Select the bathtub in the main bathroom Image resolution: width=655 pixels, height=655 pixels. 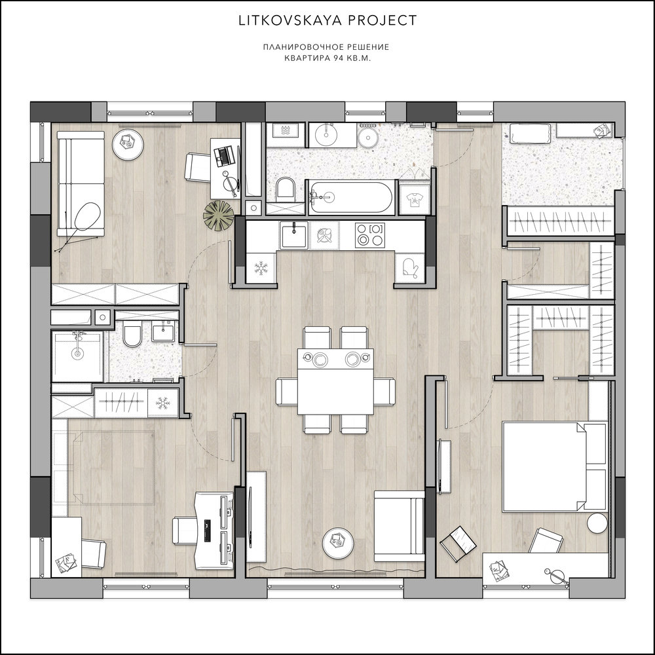(x=351, y=197)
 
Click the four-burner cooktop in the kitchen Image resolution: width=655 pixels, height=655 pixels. (x=369, y=234)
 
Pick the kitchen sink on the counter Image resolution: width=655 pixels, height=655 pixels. (x=294, y=234)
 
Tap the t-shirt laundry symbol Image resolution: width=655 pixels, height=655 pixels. (x=413, y=200)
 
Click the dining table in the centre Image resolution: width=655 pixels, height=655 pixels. (x=335, y=381)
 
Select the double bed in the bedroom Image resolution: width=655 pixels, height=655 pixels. (x=554, y=466)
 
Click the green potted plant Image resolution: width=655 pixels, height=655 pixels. (x=218, y=215)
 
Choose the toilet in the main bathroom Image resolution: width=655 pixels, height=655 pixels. (x=286, y=187)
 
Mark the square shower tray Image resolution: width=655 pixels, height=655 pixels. (x=77, y=356)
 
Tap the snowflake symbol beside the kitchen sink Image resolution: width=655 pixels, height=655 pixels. (x=261, y=268)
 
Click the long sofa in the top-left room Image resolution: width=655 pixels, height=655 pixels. (x=81, y=183)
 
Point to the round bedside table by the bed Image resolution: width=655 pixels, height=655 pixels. (x=597, y=523)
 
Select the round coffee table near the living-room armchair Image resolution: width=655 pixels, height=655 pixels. (x=338, y=542)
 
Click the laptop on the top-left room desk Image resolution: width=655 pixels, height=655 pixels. (x=222, y=155)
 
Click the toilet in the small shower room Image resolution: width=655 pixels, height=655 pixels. (x=132, y=335)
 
